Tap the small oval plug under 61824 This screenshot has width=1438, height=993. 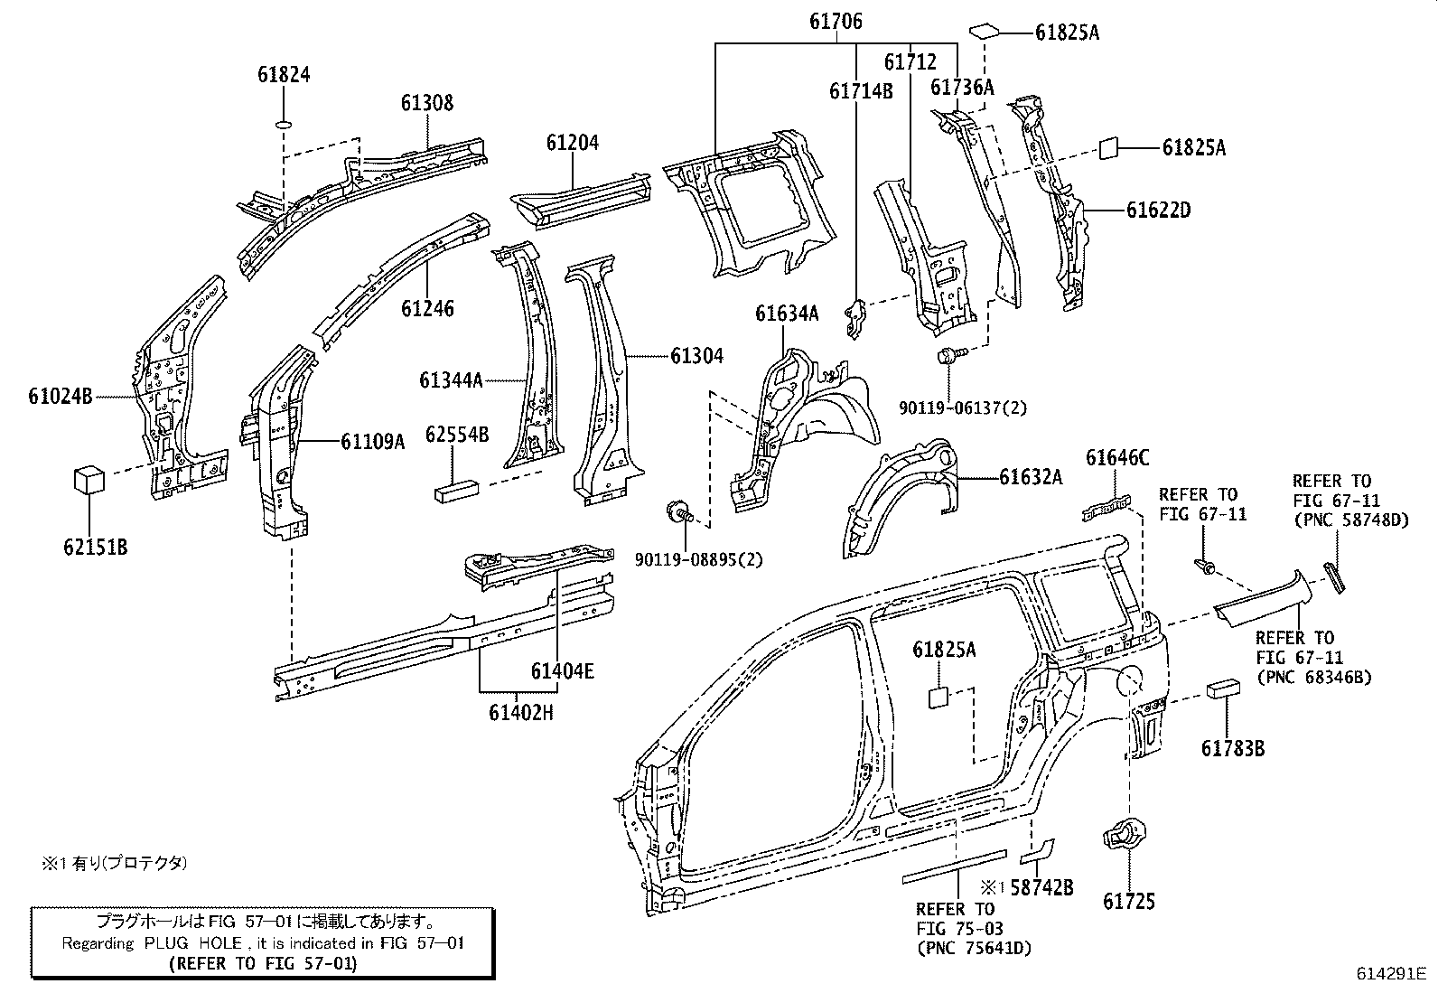coord(283,124)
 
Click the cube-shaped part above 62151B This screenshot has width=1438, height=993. coord(89,480)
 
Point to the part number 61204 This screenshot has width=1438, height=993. coord(572,143)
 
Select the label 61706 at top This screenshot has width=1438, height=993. coord(835,22)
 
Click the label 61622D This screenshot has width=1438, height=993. coord(1158,211)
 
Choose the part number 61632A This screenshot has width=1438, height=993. coord(1030,477)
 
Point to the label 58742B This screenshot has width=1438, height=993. coord(1041,887)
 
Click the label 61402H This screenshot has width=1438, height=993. coord(520,713)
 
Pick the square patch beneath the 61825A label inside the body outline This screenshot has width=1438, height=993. coord(937,698)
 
